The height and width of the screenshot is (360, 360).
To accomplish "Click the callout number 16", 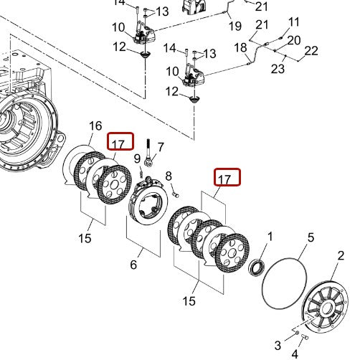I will click(95, 126).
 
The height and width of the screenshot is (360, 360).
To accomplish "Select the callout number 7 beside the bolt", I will click(161, 147).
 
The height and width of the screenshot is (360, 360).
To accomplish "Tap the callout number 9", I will click(137, 158).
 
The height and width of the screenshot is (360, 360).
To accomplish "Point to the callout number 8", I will click(169, 176).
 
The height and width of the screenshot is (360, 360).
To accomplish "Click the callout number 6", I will click(133, 265).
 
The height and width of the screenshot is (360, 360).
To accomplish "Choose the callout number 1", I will click(270, 236).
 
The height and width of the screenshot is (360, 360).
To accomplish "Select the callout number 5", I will click(311, 237).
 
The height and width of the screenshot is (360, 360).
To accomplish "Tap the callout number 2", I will click(341, 255).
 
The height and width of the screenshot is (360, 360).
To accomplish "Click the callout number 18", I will click(241, 47).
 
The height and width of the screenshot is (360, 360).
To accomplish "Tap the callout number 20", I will click(294, 40).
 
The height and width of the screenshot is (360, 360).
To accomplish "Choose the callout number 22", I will click(311, 50).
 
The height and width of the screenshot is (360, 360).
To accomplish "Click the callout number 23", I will click(278, 70).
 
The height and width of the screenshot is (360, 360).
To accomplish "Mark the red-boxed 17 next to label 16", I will click(119, 143).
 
